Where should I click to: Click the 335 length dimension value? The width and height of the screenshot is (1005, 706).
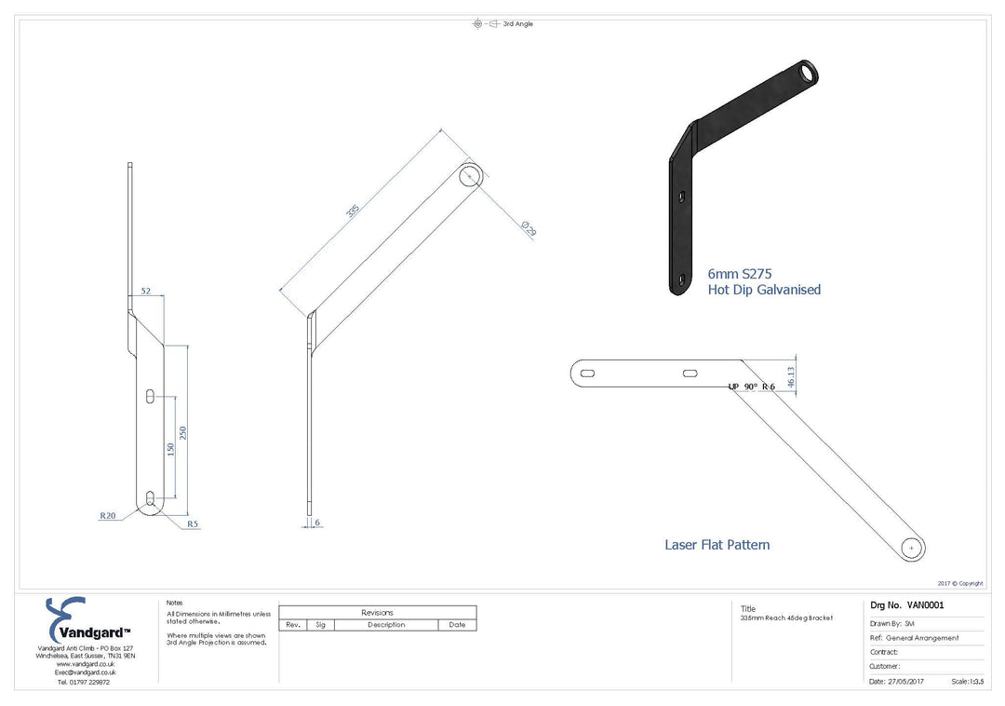[353, 210]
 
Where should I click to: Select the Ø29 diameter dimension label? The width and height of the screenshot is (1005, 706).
[529, 227]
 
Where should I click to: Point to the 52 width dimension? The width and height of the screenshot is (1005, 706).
[146, 291]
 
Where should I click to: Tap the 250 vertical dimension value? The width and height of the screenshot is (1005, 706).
[183, 434]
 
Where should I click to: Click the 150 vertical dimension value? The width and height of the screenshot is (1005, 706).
[170, 450]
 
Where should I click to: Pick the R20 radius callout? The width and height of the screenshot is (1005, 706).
[109, 514]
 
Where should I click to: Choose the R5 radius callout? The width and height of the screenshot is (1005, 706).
[193, 524]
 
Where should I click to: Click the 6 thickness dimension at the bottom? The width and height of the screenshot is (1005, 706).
[317, 523]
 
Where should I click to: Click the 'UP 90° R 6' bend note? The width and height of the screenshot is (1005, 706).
[752, 386]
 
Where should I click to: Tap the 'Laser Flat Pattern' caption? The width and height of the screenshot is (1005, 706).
[717, 545]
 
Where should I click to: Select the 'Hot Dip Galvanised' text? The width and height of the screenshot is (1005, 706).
[764, 290]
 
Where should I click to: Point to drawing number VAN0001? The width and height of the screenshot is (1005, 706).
[906, 604]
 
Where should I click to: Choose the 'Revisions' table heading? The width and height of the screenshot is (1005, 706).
[377, 613]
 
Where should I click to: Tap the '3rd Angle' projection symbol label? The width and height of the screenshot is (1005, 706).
[517, 23]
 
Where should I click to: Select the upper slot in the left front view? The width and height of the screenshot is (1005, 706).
[150, 396]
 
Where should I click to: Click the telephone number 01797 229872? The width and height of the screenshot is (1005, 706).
[84, 682]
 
